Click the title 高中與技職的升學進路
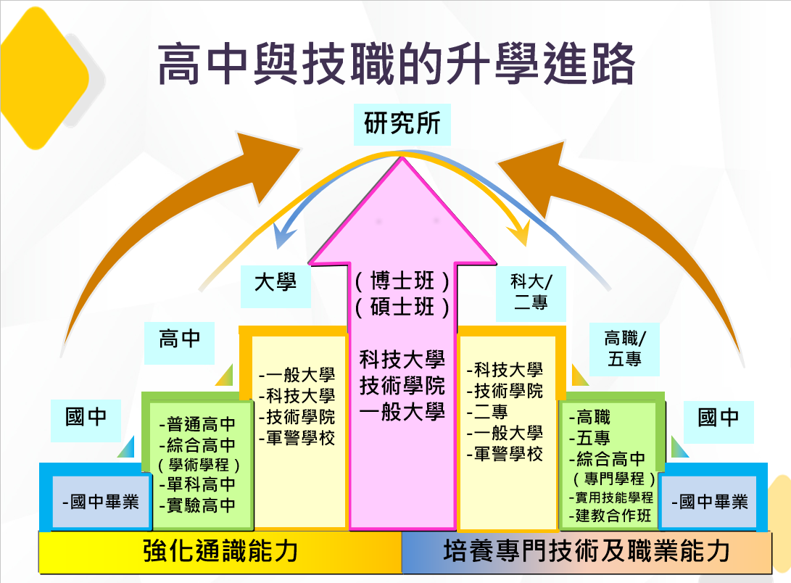[x=396, y=65]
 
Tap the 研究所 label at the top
[x=402, y=123]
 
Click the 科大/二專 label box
[x=530, y=293]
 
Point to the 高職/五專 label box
[x=624, y=348]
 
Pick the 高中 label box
[x=179, y=338]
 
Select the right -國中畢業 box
[x=710, y=501]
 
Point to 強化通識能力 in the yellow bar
[x=220, y=553]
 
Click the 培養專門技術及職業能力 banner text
[x=586, y=553]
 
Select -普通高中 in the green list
[x=196, y=425]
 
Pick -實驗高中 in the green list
[x=196, y=505]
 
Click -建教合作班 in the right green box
[x=613, y=516]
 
